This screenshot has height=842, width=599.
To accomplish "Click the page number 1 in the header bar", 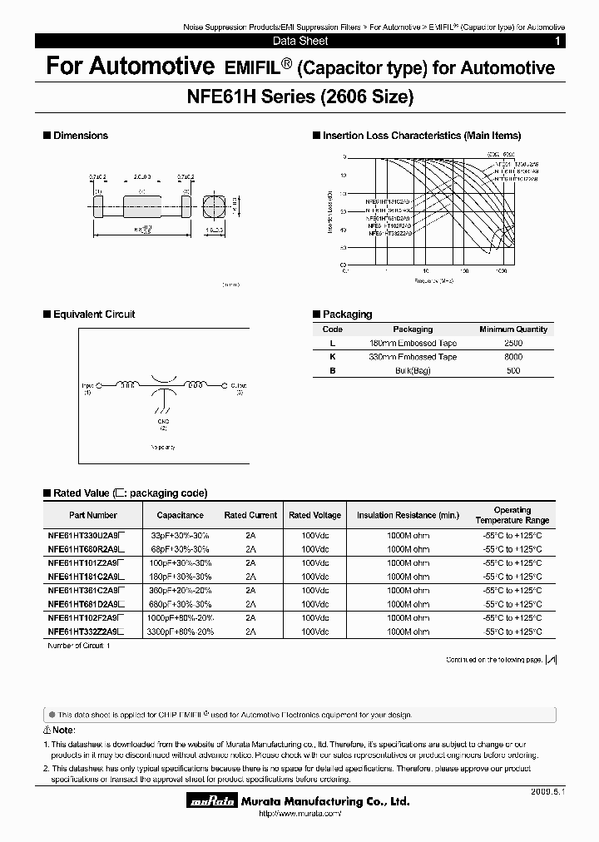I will coord(557,41).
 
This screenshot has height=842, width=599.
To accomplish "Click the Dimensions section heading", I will coord(81,136).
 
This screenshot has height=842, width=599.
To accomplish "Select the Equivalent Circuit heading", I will coord(94,315).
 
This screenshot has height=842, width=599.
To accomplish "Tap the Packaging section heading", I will coord(347,315).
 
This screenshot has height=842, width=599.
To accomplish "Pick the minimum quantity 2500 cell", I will coord(513,343).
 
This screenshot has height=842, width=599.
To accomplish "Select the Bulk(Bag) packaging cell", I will coord(413,370).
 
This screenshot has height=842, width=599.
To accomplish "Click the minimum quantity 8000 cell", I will coord(513,357).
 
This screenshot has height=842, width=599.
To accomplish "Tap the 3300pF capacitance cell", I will coord(181,631).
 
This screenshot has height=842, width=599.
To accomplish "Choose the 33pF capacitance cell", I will coord(181,536).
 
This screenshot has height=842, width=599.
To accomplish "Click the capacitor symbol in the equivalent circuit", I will coord(166,387).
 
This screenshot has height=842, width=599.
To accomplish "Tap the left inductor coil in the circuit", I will coord(129,385).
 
